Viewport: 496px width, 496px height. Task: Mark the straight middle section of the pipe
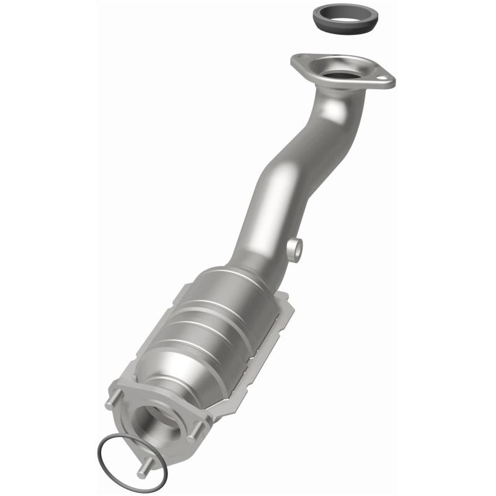point(279,192)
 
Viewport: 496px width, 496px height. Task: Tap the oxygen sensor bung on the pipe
point(295,249)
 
